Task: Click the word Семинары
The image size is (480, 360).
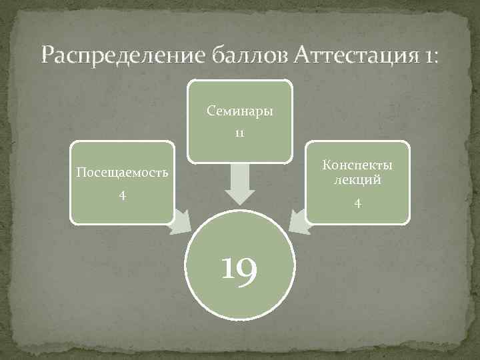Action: (239, 111)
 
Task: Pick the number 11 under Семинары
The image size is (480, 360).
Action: (239, 133)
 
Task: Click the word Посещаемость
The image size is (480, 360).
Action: (121, 172)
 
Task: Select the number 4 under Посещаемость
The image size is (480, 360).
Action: (121, 195)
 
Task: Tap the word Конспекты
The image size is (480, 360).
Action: (358, 165)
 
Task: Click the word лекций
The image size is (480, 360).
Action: (358, 179)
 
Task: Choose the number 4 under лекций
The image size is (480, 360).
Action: (358, 203)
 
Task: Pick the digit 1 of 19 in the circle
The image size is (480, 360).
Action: (228, 270)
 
